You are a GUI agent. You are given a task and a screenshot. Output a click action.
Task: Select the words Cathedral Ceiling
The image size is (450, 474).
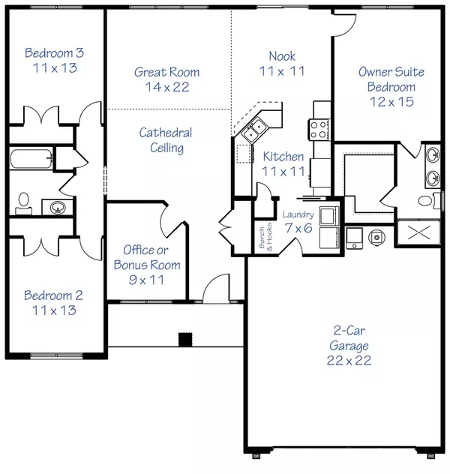[166, 140]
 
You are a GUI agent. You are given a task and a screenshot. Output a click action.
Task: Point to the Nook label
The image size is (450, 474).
[282, 56]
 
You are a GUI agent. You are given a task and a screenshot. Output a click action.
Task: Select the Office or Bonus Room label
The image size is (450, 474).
[146, 257]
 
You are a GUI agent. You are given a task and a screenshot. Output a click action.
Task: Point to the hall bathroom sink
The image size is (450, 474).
[55, 206]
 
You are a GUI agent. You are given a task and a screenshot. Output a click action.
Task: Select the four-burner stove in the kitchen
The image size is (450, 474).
[316, 127]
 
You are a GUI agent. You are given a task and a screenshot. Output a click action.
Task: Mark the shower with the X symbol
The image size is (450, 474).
[418, 234]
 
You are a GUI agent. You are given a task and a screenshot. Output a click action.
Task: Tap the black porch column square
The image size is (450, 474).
[184, 338]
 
